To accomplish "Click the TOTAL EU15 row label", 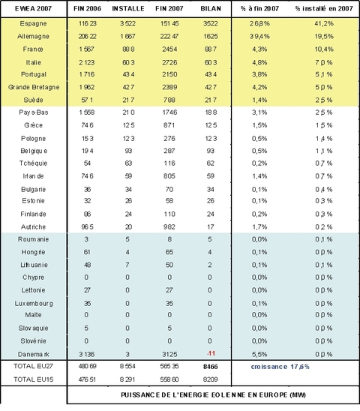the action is tap(32, 380).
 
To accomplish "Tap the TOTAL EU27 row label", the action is tap(32, 368).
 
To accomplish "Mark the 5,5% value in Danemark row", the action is tap(258, 352).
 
